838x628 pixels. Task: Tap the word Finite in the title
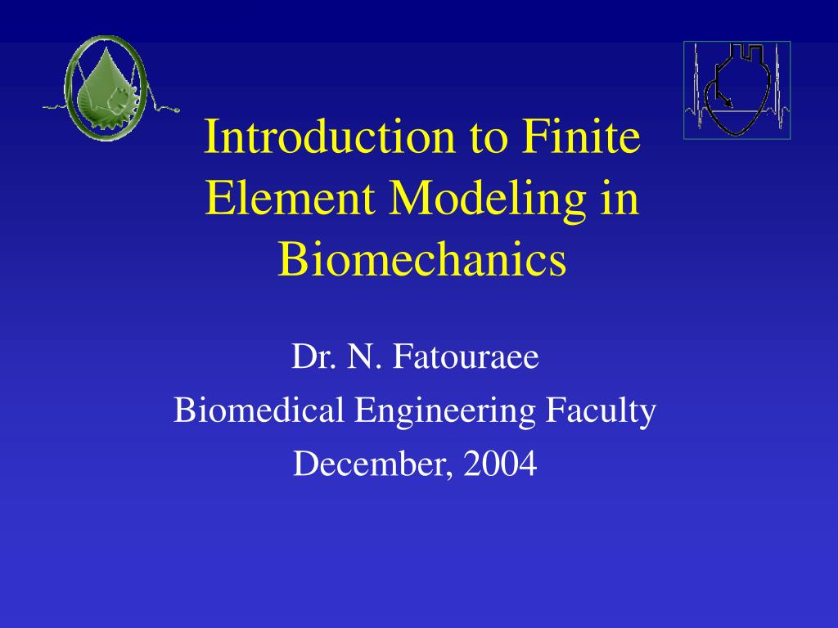[581, 137]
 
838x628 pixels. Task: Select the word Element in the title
[289, 198]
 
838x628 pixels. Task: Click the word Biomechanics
[421, 259]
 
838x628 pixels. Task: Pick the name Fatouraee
[466, 357]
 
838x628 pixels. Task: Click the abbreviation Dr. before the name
[314, 357]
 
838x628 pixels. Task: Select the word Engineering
[444, 412]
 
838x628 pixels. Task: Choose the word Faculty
[601, 412]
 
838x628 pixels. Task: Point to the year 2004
[500, 463]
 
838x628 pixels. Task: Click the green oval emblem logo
[106, 88]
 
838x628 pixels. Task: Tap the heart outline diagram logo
[737, 90]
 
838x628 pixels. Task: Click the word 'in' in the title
[620, 198]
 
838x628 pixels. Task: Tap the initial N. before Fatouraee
[365, 357]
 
